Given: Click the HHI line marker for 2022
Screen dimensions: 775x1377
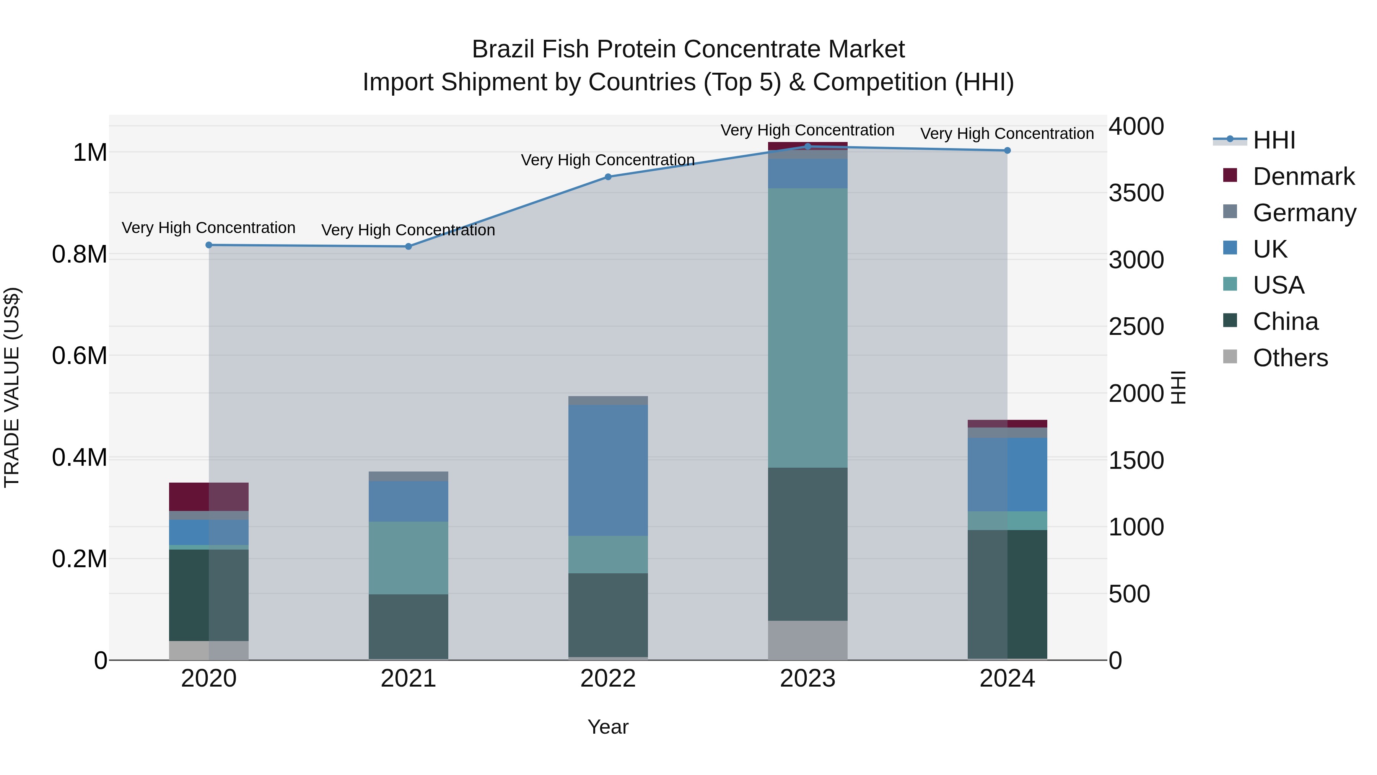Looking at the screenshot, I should (608, 177).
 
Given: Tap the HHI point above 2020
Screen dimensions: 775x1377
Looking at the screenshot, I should (209, 245).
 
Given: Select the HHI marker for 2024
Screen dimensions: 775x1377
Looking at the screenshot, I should (1007, 151).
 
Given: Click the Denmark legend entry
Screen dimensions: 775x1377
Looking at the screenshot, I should (1303, 176).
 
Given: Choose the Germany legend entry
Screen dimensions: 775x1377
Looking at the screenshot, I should (1304, 213).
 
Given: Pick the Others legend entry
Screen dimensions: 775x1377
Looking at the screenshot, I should (1290, 358).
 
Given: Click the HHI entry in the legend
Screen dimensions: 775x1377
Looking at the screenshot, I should (1274, 140).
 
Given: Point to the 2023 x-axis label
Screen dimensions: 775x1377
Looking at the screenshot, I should (807, 679).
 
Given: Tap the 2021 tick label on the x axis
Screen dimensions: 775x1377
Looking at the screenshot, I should (409, 679).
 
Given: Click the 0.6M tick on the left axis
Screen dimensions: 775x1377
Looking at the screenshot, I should (80, 356).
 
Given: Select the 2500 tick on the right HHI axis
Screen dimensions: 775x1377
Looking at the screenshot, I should (1136, 327).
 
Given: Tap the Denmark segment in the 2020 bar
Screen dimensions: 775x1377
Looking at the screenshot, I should (209, 496).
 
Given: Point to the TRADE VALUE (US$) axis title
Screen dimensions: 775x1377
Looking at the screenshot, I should (12, 387).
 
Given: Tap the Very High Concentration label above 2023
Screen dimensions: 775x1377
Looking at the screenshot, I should (807, 131).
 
